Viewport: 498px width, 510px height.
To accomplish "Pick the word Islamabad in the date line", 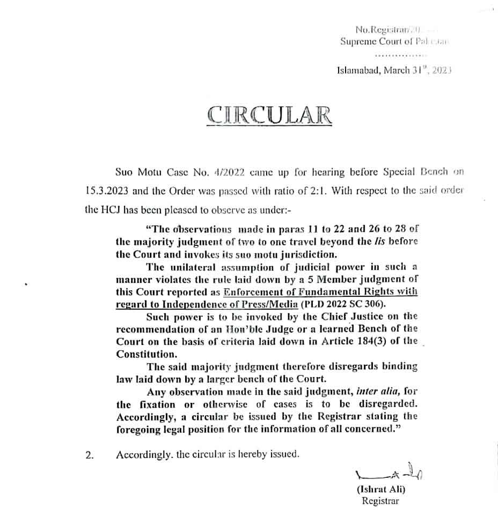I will [x=359, y=70].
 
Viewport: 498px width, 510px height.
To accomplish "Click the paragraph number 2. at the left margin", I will [x=90, y=456].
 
